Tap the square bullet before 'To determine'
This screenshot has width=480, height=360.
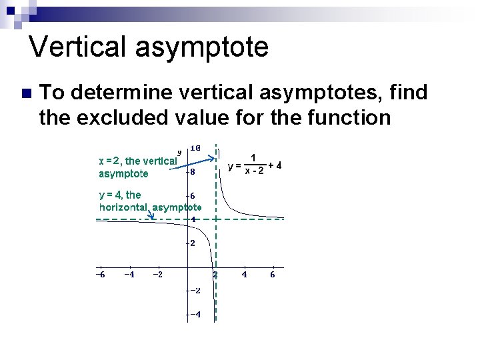[25, 93]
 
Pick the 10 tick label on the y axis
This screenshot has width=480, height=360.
[196, 147]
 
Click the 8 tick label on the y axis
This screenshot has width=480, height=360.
[192, 171]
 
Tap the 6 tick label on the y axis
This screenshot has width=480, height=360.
[192, 195]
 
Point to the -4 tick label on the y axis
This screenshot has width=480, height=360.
[194, 315]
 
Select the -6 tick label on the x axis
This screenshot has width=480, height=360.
[100, 274]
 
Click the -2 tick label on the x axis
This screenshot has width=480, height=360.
[158, 274]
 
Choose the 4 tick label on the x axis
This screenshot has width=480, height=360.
[244, 274]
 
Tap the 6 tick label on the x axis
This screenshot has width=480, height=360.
[273, 274]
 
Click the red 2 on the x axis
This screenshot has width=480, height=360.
[215, 274]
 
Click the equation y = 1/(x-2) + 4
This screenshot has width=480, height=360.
[255, 165]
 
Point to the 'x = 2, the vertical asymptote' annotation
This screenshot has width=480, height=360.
[136, 167]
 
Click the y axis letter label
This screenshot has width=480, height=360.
[179, 151]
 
